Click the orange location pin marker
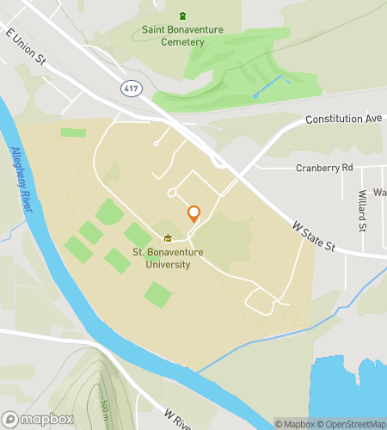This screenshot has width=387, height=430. click(193, 214)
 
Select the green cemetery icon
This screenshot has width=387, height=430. click(182, 15)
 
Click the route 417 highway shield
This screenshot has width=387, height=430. click(130, 88)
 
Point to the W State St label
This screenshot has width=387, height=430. click(313, 236)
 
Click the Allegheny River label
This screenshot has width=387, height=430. click(25, 180)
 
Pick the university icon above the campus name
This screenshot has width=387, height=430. click(169, 238)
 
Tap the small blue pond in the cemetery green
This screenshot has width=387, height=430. click(255, 95)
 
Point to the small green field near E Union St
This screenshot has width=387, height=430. click(73, 132)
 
